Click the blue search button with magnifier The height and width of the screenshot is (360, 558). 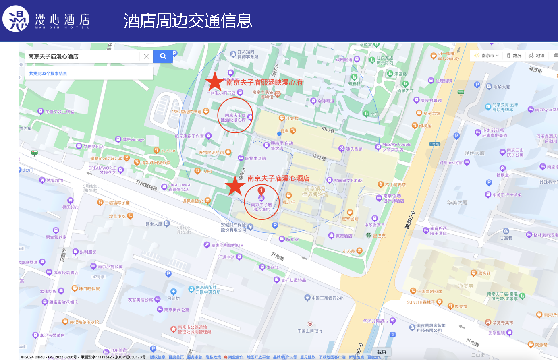[163, 56]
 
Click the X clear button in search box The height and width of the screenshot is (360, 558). [146, 56]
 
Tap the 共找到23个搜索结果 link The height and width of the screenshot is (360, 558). [48, 74]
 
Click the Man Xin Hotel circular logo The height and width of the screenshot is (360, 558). [16, 19]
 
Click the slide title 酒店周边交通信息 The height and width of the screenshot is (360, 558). [188, 21]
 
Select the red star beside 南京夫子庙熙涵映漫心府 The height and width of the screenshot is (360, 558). [214, 81]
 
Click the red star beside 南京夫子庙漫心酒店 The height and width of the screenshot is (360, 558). [235, 186]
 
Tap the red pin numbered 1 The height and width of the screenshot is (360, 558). [261, 191]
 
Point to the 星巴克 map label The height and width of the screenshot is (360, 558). [379, 236]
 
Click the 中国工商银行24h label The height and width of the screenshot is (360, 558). [327, 298]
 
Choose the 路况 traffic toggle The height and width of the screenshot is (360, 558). [514, 56]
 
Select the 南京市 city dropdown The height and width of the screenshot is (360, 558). [487, 56]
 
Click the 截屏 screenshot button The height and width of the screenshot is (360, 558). [382, 352]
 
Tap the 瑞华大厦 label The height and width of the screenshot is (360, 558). [501, 87]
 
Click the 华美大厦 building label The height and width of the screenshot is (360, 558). [457, 203]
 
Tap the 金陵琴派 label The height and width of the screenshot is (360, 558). [326, 101]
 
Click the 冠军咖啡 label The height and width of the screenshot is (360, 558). [350, 219]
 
